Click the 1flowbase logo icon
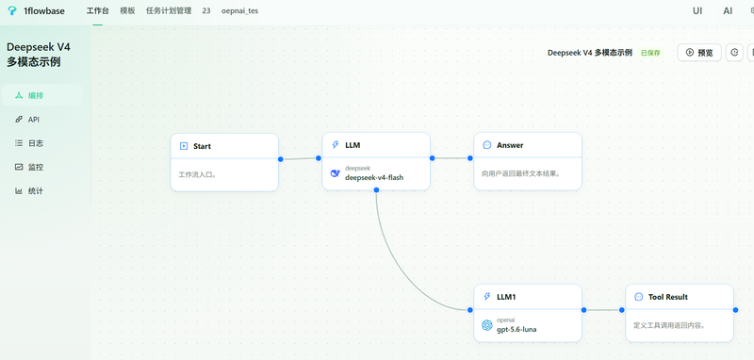point(12,11)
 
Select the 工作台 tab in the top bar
point(98,11)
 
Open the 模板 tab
point(127,11)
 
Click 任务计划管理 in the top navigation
point(169,11)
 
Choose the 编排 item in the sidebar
point(36,95)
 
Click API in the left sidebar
point(34,119)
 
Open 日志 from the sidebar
point(36,143)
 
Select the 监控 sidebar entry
point(36,167)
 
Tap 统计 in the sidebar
point(36,190)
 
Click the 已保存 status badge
point(650,53)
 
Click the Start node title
point(202,146)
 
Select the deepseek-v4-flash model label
point(374,177)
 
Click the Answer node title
point(510,145)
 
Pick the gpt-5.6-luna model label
point(516,329)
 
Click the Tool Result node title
point(668,297)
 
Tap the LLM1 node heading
point(506,297)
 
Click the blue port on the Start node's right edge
point(280,159)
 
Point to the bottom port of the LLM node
point(376,190)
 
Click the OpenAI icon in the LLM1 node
point(486,325)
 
